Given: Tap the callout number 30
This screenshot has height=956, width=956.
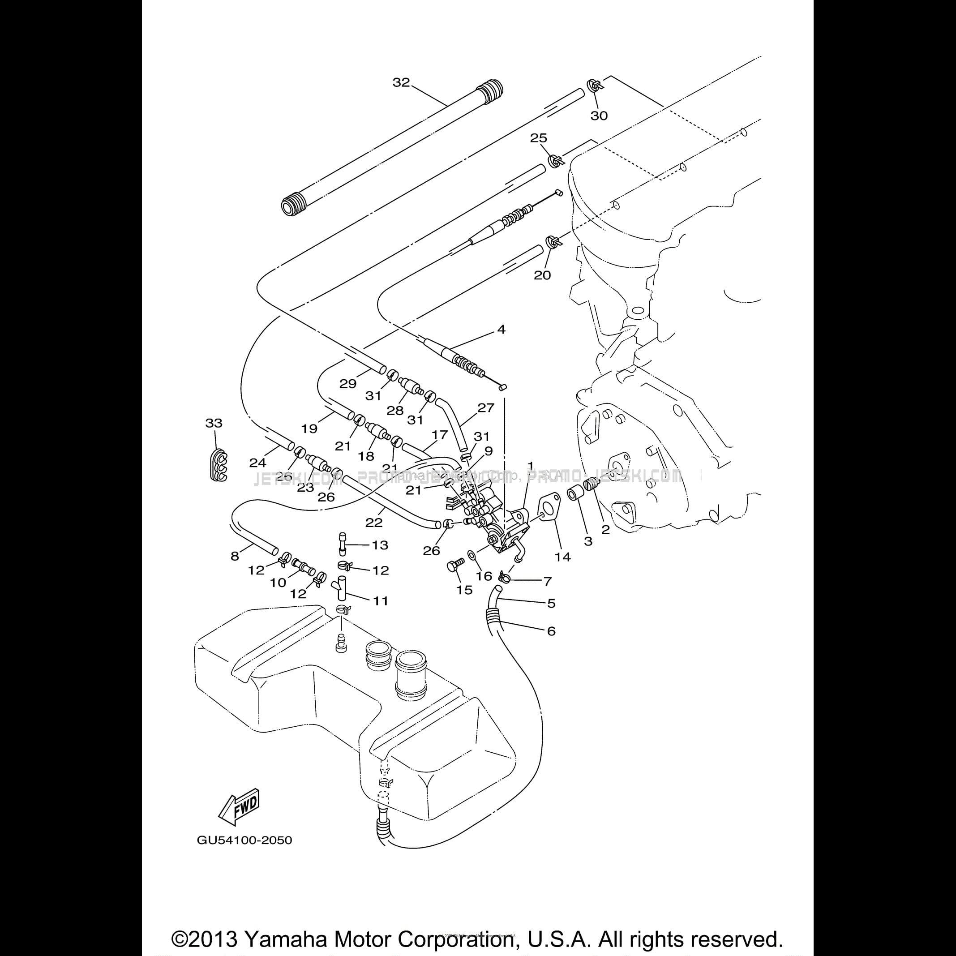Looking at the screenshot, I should (x=599, y=116).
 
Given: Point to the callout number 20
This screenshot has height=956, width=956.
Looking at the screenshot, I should (x=542, y=275).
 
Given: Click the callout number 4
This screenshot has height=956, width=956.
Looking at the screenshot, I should (x=501, y=329).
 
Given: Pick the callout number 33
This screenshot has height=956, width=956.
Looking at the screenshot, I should (x=214, y=423).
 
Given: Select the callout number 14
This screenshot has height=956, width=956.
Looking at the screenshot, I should (x=562, y=557).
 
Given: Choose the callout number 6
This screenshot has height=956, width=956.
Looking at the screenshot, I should (x=551, y=631).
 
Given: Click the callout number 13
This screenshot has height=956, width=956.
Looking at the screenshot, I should (x=380, y=545).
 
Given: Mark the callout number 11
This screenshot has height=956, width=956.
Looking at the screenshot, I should (x=380, y=601).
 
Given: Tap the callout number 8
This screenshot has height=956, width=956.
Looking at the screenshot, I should (x=235, y=556).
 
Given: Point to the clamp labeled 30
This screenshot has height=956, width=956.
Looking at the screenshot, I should (x=593, y=86).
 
